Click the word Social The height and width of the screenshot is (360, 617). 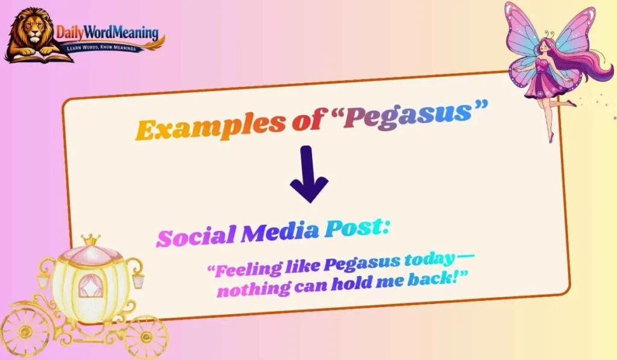(195, 235)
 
